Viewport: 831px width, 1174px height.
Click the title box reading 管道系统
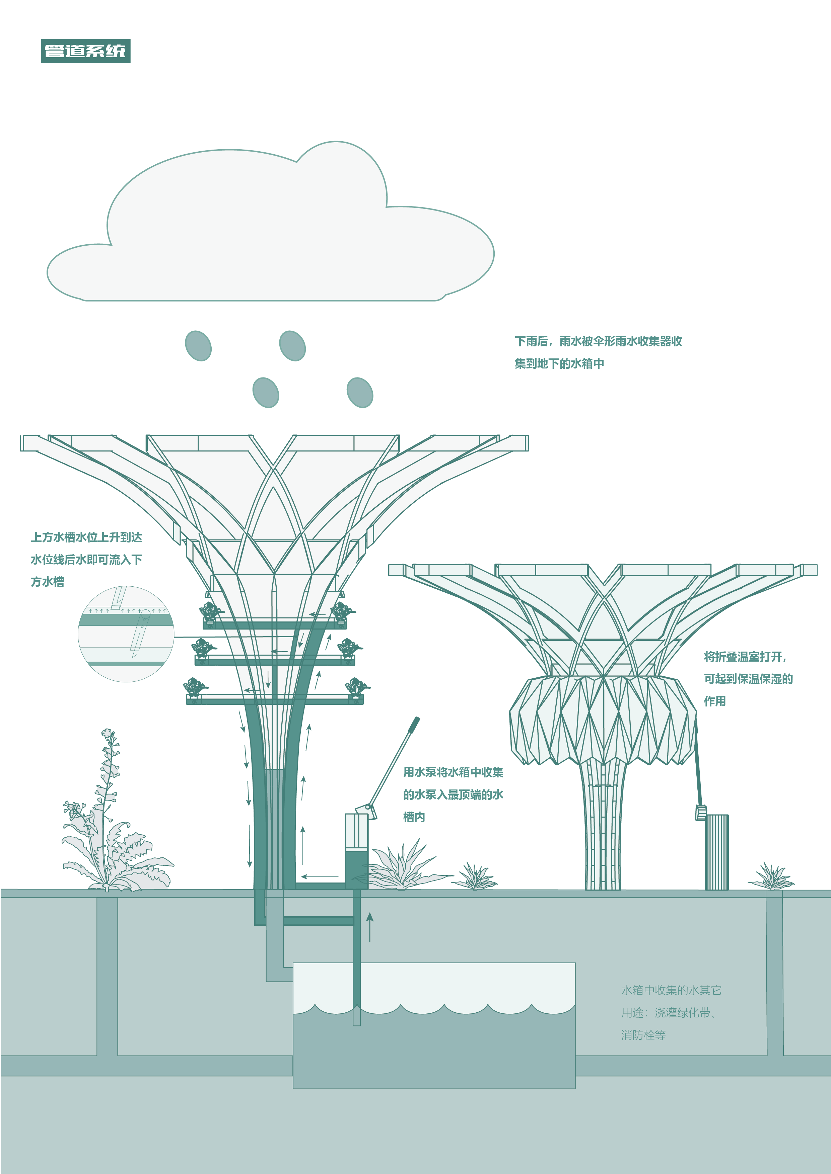pyautogui.click(x=85, y=51)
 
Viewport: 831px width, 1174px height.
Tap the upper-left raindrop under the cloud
pyautogui.click(x=198, y=346)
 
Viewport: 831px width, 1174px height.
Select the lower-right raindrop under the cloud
pyautogui.click(x=360, y=393)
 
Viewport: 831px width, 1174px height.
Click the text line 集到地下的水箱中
pyautogui.click(x=559, y=363)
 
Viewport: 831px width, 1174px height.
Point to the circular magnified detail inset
pyautogui.click(x=126, y=634)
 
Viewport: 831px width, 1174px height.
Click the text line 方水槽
pyautogui.click(x=48, y=582)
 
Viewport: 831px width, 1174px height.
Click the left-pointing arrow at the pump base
pyautogui.click(x=320, y=877)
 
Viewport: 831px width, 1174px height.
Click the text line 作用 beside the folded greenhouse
pyautogui.click(x=715, y=701)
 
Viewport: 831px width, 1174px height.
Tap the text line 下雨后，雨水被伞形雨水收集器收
pyautogui.click(x=598, y=341)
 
